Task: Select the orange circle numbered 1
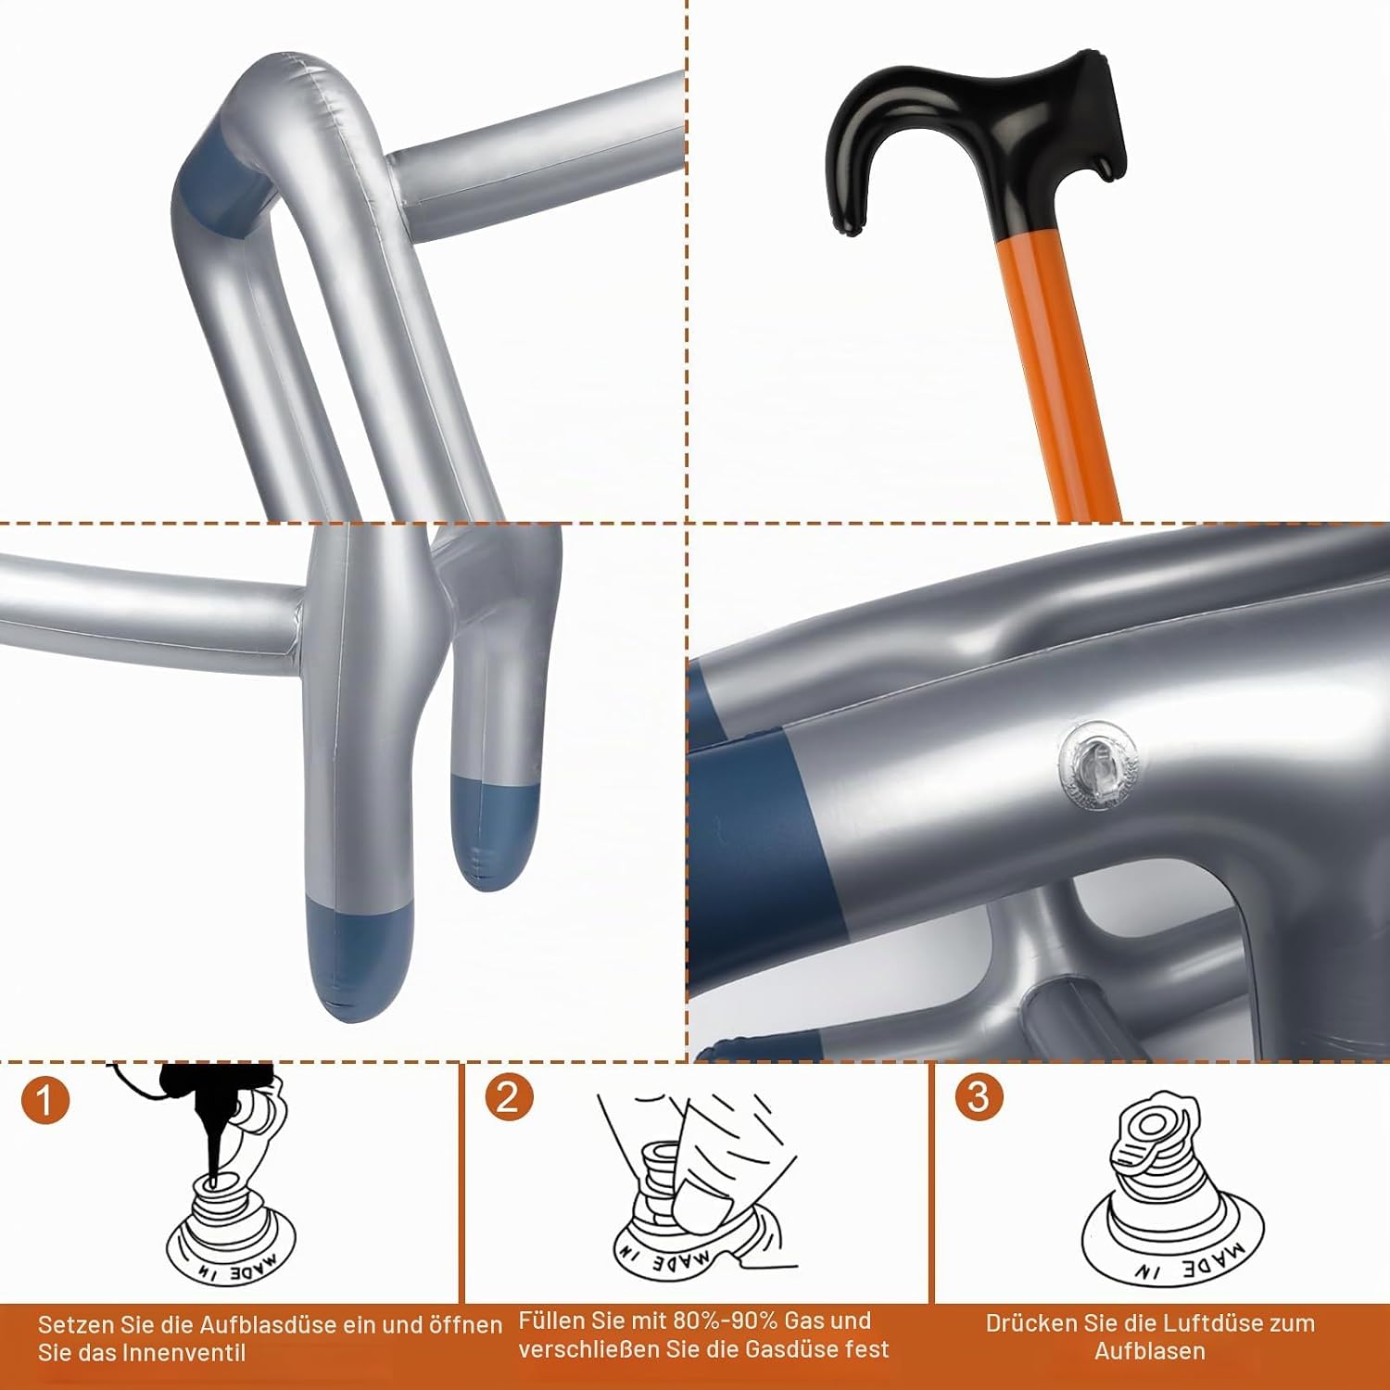[x=44, y=1101]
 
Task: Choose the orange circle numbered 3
[x=979, y=1097]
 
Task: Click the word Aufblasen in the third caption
[x=1150, y=1351]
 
